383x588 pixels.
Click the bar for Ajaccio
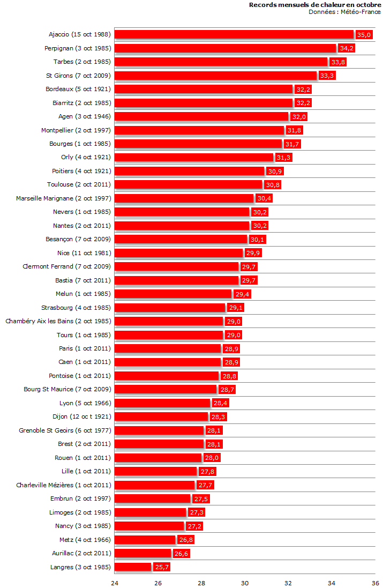(x=234, y=34)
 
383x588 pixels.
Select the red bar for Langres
(x=133, y=567)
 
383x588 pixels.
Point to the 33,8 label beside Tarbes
(x=338, y=62)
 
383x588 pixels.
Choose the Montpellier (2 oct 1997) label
(x=76, y=130)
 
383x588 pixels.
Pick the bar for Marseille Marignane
(x=184, y=198)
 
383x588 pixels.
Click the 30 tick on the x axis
(x=245, y=583)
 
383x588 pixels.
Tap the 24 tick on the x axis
(x=115, y=583)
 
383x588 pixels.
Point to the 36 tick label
(x=375, y=583)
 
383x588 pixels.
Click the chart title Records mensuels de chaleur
(x=315, y=5)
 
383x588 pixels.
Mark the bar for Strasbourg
(x=170, y=308)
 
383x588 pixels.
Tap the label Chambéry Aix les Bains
(x=58, y=321)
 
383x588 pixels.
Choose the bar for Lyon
(x=162, y=403)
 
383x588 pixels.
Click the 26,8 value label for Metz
(x=185, y=540)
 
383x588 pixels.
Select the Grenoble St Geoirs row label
(x=65, y=430)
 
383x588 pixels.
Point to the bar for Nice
(x=179, y=253)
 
